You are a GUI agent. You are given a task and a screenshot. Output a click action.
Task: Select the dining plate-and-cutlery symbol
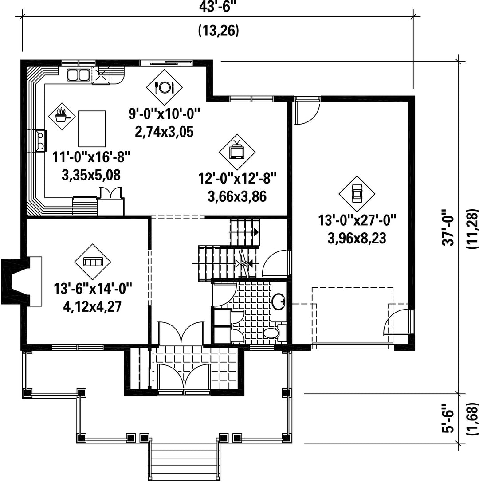[164, 87]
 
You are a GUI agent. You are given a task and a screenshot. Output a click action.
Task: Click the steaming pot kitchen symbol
[62, 117]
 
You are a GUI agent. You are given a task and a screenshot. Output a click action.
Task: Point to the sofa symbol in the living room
[93, 262]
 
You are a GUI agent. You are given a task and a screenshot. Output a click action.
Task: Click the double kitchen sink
[78, 74]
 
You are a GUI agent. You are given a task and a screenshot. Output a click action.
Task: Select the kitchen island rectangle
[92, 129]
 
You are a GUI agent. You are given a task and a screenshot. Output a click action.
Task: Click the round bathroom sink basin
[279, 301]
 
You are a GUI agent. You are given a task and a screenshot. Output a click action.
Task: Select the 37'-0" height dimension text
[448, 228]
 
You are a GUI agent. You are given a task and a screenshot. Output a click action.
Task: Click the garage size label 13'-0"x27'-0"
[357, 220]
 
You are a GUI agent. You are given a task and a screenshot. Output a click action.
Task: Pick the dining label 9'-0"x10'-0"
[164, 114]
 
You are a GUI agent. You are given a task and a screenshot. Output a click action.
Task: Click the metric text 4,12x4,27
[93, 306]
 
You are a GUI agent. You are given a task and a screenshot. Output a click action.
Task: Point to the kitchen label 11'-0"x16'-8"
[91, 157]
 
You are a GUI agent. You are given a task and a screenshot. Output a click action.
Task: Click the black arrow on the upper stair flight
[255, 232]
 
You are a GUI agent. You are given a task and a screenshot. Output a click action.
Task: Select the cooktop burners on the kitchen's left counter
[40, 141]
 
